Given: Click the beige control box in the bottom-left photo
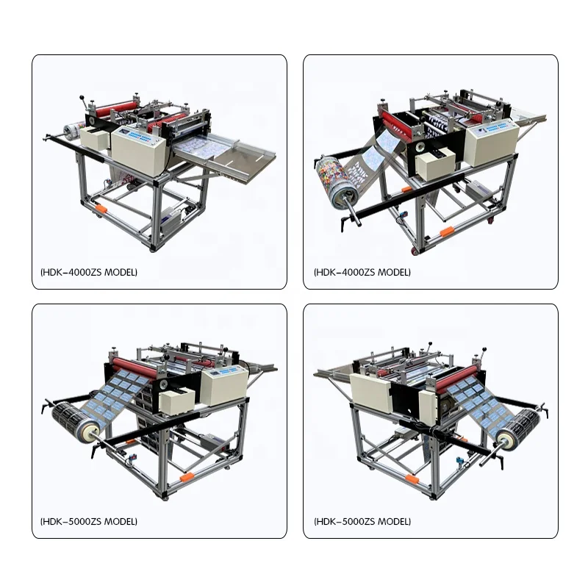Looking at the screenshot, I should (225, 384).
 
